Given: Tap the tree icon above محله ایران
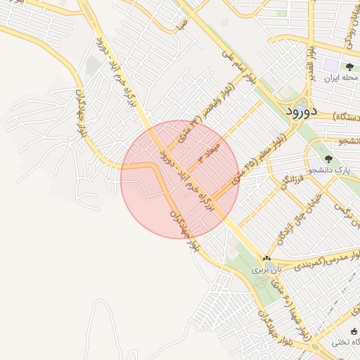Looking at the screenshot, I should coord(349,67).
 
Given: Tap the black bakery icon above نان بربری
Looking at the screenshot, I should coord(266,259).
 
